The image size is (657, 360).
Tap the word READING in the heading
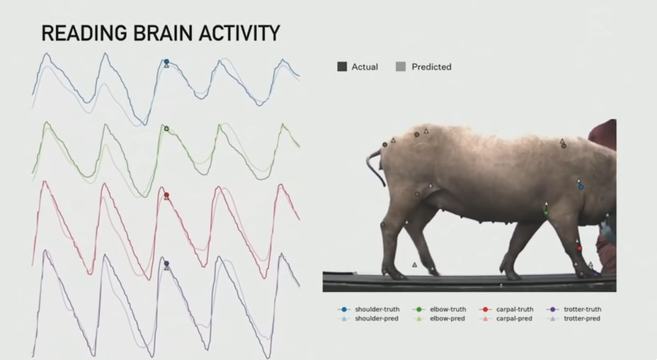(x=84, y=33)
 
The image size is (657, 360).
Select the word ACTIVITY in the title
(x=240, y=33)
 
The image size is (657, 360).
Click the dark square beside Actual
(x=342, y=67)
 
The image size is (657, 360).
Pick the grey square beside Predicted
(x=400, y=67)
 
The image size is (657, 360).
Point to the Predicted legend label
(x=431, y=67)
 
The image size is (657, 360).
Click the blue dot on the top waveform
(x=166, y=61)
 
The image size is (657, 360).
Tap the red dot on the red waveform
(x=166, y=195)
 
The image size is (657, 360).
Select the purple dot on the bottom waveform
(x=166, y=263)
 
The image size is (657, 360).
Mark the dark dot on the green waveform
(x=166, y=129)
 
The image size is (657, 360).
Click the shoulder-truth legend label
(x=377, y=310)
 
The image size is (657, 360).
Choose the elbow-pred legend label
(x=447, y=319)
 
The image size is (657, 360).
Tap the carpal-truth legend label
(x=515, y=310)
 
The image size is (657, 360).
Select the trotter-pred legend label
(x=582, y=319)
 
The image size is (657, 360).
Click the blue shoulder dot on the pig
(x=581, y=187)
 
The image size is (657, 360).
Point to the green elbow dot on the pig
(x=546, y=213)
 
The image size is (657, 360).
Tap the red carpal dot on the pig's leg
(x=580, y=249)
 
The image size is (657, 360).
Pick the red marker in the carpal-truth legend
(x=485, y=310)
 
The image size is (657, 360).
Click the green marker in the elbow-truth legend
(x=419, y=310)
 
